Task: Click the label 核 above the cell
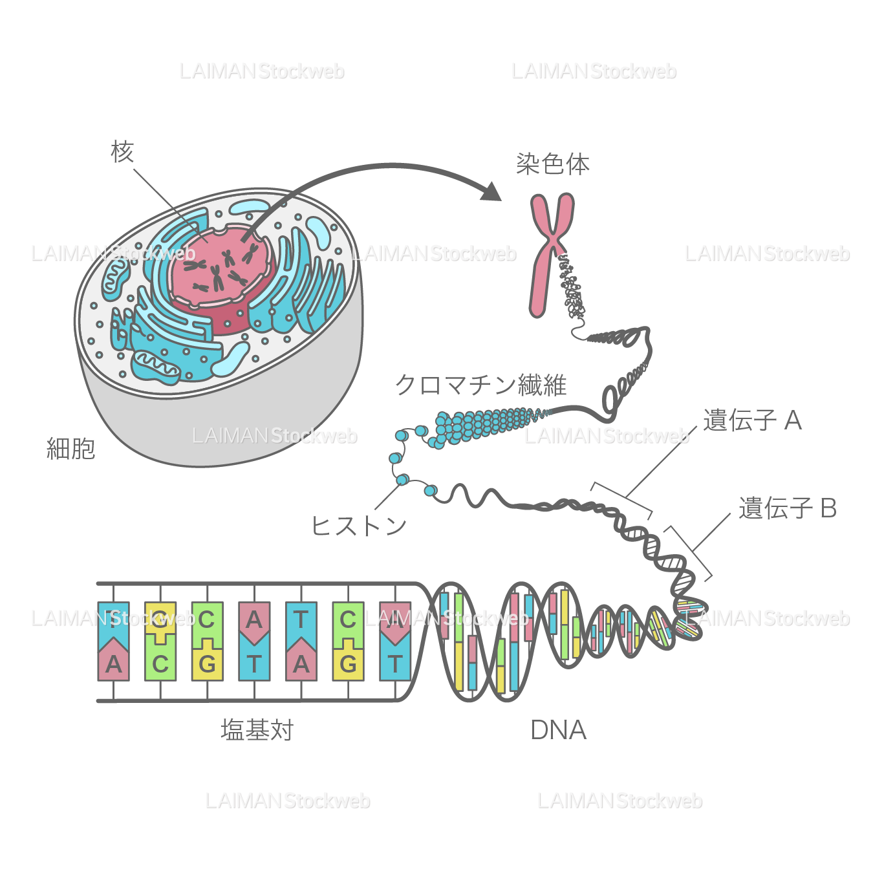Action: coord(122,152)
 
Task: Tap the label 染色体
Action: coord(552,164)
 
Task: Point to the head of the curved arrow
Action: coord(493,191)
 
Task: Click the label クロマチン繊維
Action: coord(480,385)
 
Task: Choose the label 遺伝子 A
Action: coord(752,420)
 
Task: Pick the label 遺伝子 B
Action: coord(788,508)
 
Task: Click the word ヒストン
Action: coord(359,525)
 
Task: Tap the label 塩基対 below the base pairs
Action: coord(257,730)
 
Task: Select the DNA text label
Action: coord(558,730)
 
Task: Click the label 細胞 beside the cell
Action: coord(71,448)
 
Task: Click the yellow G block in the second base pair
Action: coord(160,620)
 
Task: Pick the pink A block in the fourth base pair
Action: coord(254,620)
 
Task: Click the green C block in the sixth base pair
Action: coord(348,620)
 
